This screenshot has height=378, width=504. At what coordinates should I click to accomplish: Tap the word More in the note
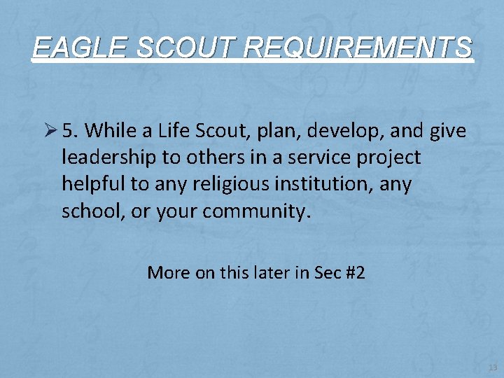point(168,272)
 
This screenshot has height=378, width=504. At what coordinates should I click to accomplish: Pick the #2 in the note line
point(356,272)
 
